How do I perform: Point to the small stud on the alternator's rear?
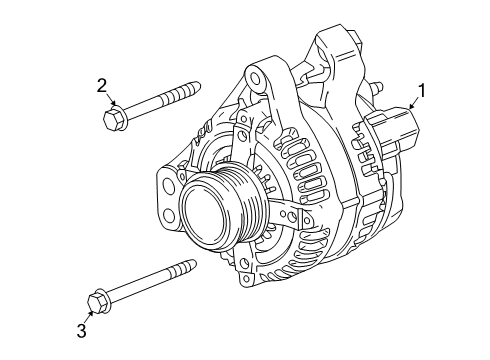(377, 87)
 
